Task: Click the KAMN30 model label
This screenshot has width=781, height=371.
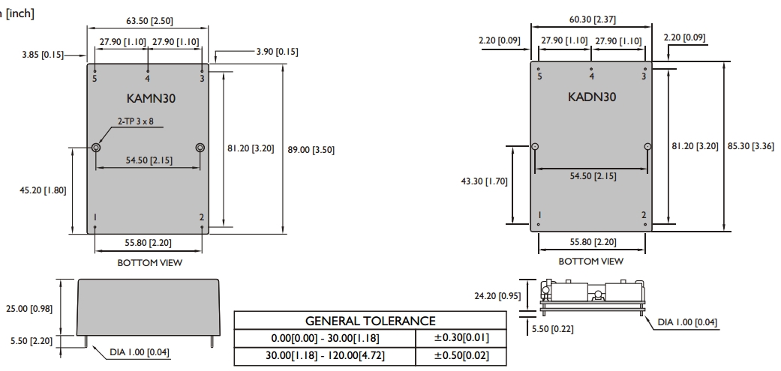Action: click(151, 98)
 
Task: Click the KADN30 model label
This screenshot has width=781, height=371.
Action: click(592, 97)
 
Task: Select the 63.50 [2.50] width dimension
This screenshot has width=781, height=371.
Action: click(149, 21)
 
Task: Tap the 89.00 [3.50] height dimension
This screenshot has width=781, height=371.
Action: click(311, 150)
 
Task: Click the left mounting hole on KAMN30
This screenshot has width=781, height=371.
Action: click(96, 147)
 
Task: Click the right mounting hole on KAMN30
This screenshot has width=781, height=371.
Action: click(200, 147)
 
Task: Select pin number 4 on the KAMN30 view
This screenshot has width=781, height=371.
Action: click(148, 79)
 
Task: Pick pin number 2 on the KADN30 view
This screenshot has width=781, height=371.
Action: click(644, 215)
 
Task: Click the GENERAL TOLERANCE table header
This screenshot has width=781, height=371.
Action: click(370, 321)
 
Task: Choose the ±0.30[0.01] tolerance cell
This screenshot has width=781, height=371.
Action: click(461, 338)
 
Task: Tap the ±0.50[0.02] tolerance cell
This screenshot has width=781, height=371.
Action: click(461, 355)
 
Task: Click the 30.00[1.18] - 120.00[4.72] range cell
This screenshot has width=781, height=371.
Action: click(325, 355)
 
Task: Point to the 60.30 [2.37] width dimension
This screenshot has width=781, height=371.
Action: click(592, 19)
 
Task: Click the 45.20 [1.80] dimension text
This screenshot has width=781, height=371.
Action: click(43, 190)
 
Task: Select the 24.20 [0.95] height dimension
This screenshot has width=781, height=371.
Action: click(497, 296)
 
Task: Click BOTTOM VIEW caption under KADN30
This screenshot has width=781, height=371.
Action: click(590, 261)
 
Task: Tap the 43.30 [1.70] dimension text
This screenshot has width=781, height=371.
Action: click(484, 181)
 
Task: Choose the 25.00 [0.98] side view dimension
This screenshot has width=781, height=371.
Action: click(29, 308)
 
